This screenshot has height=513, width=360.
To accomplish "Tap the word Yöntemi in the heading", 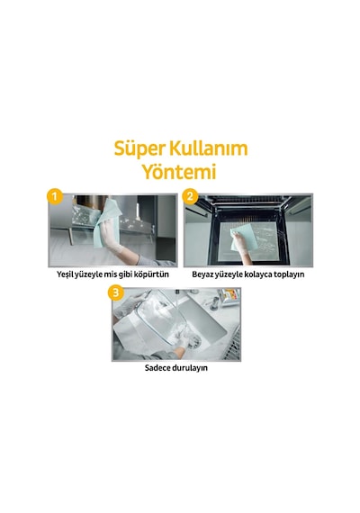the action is coord(180,171).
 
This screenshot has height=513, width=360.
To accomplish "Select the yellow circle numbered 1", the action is coord(54,197).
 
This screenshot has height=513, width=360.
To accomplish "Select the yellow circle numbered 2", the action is coord(190,197).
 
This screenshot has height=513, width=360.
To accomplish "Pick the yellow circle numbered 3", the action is coord(115,292).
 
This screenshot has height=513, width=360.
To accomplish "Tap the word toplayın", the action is coord(289,274).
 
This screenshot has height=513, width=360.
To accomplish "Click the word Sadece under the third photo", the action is coord(157,368).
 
